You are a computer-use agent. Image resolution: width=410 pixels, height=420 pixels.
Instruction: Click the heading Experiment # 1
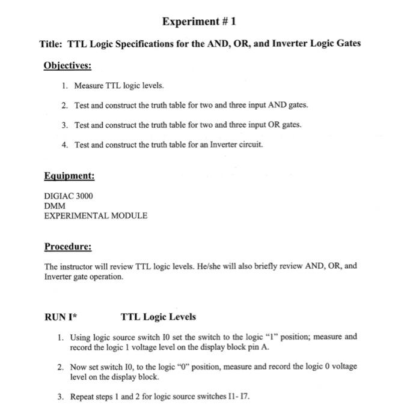200,22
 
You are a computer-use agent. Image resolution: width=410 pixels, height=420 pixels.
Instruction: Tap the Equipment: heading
69,176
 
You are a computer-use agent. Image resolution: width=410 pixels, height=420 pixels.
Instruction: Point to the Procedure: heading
68,247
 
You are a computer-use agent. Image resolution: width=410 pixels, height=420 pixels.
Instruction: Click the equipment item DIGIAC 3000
69,196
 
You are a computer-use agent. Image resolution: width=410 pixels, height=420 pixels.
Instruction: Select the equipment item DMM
54,206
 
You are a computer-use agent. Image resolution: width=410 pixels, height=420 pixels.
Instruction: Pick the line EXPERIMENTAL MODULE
96,215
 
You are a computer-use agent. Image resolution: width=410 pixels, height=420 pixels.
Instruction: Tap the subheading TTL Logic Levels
158,316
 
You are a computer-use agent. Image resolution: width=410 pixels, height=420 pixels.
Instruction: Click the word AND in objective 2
269,105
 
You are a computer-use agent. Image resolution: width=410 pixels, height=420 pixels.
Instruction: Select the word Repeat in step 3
83,397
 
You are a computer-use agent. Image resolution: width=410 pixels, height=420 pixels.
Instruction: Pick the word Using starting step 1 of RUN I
82,337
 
